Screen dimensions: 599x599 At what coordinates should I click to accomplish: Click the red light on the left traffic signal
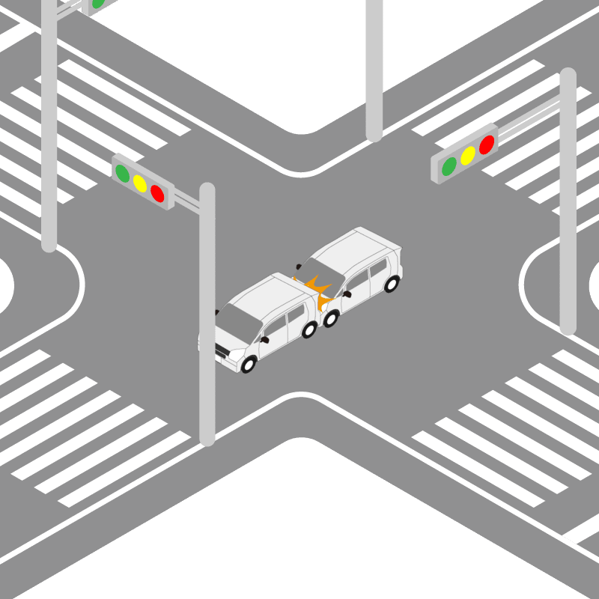[157, 193]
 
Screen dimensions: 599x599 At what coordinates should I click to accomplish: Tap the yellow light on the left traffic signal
[140, 183]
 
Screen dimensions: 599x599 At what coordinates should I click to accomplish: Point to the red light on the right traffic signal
[487, 145]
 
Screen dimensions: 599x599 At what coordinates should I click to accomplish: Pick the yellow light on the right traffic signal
[468, 156]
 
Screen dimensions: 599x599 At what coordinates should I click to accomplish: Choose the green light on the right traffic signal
[449, 166]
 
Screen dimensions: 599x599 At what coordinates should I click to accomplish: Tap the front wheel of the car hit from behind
[249, 365]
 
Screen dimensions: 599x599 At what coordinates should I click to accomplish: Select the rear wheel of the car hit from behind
[308, 329]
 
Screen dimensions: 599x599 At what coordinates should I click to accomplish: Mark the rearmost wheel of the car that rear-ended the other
[391, 284]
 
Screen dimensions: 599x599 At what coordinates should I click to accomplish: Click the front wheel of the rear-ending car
[329, 319]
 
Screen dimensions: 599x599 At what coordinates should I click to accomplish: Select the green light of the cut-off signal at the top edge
[98, 3]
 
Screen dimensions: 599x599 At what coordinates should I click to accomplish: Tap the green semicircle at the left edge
[4, 285]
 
